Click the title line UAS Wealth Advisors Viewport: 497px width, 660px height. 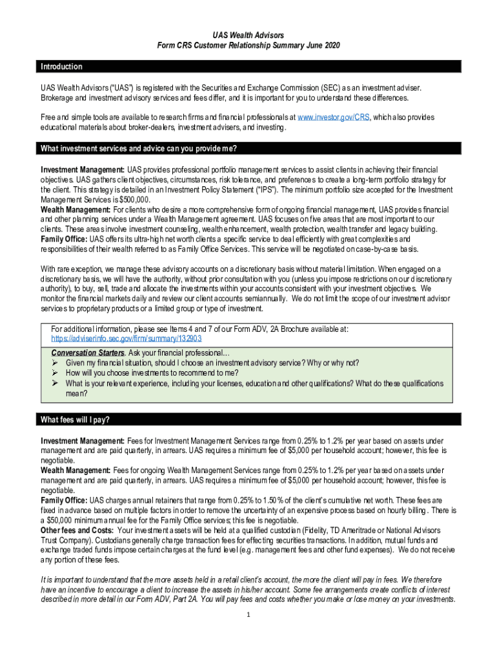[249, 34]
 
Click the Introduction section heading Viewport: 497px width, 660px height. [61, 67]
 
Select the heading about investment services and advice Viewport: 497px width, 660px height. [139, 149]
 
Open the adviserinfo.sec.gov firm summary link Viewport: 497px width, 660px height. [127, 338]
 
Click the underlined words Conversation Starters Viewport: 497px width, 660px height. [88, 353]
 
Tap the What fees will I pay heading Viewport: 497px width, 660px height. [75, 420]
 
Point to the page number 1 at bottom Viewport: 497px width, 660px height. [249, 614]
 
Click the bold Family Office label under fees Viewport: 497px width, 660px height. [64, 500]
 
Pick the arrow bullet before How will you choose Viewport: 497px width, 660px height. [56, 373]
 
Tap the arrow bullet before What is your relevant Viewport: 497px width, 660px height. [56, 383]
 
